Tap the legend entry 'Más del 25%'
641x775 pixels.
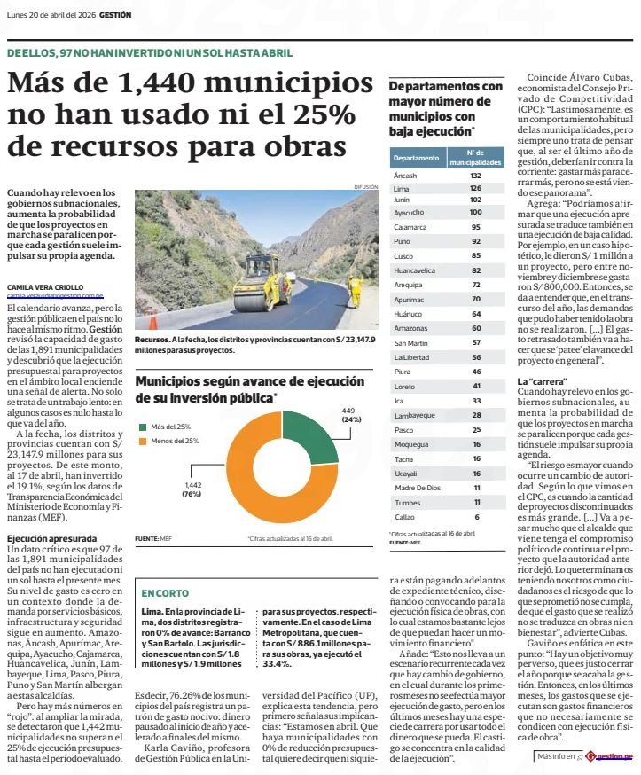click(170, 427)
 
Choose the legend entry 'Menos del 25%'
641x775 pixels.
click(174, 441)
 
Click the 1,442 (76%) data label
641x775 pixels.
click(192, 489)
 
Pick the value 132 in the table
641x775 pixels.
click(476, 176)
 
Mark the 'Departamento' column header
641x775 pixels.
click(416, 158)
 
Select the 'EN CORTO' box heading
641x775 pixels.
click(164, 592)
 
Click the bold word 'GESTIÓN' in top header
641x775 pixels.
click(116, 15)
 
